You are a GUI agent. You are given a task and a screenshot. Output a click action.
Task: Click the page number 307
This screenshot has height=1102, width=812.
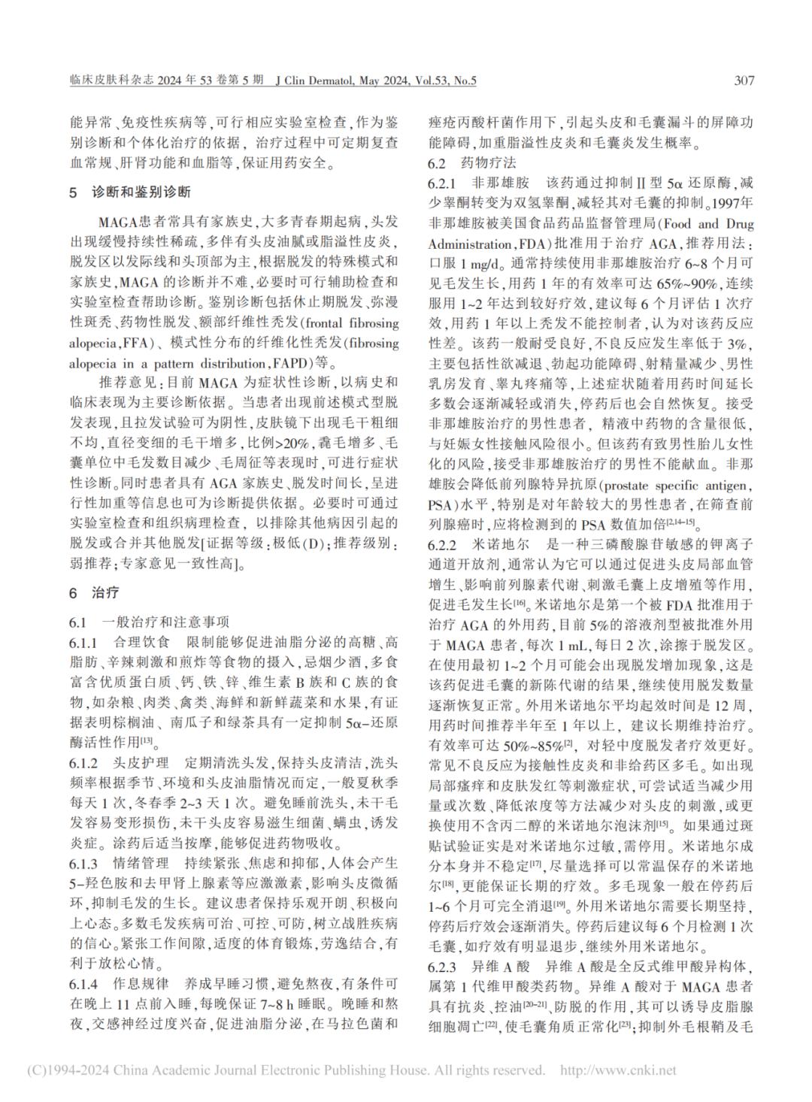[744, 80]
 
